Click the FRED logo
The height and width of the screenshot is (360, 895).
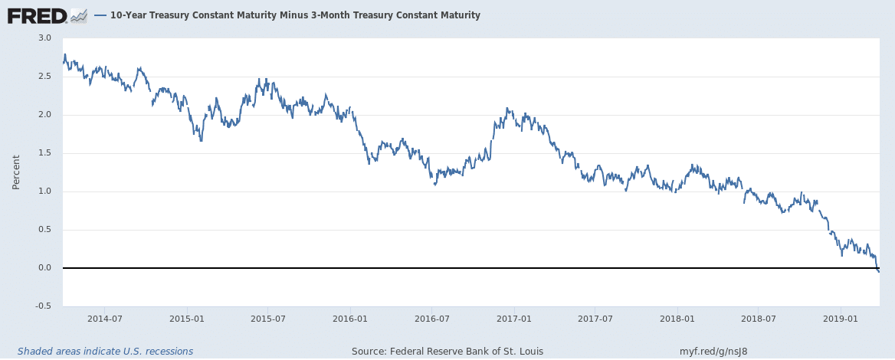pos(36,15)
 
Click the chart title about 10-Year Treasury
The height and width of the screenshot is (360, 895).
pos(295,15)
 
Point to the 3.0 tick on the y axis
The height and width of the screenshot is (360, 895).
pos(44,38)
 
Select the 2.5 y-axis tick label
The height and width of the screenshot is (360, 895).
pos(44,77)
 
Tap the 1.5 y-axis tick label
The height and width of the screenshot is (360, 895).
pos(44,153)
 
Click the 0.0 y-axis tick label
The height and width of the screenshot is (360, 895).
pos(44,268)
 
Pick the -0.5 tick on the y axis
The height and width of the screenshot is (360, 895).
pos(43,306)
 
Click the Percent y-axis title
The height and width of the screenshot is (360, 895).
pos(16,172)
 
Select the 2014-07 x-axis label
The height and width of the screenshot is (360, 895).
pos(105,319)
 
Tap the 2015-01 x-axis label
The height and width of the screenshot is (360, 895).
pos(187,319)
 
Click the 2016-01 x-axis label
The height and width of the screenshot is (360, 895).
pos(349,319)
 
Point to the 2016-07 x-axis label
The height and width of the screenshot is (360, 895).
pos(431,319)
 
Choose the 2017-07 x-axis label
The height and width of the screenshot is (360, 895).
pos(595,319)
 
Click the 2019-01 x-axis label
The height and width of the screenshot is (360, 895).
pos(841,319)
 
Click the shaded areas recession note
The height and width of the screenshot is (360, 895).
pos(105,352)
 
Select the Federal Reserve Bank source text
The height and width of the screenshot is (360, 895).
pos(447,352)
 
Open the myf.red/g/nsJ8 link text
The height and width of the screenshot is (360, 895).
pos(713,352)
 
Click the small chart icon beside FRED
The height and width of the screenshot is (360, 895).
pos(78,15)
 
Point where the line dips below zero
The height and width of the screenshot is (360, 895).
pos(878,270)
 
